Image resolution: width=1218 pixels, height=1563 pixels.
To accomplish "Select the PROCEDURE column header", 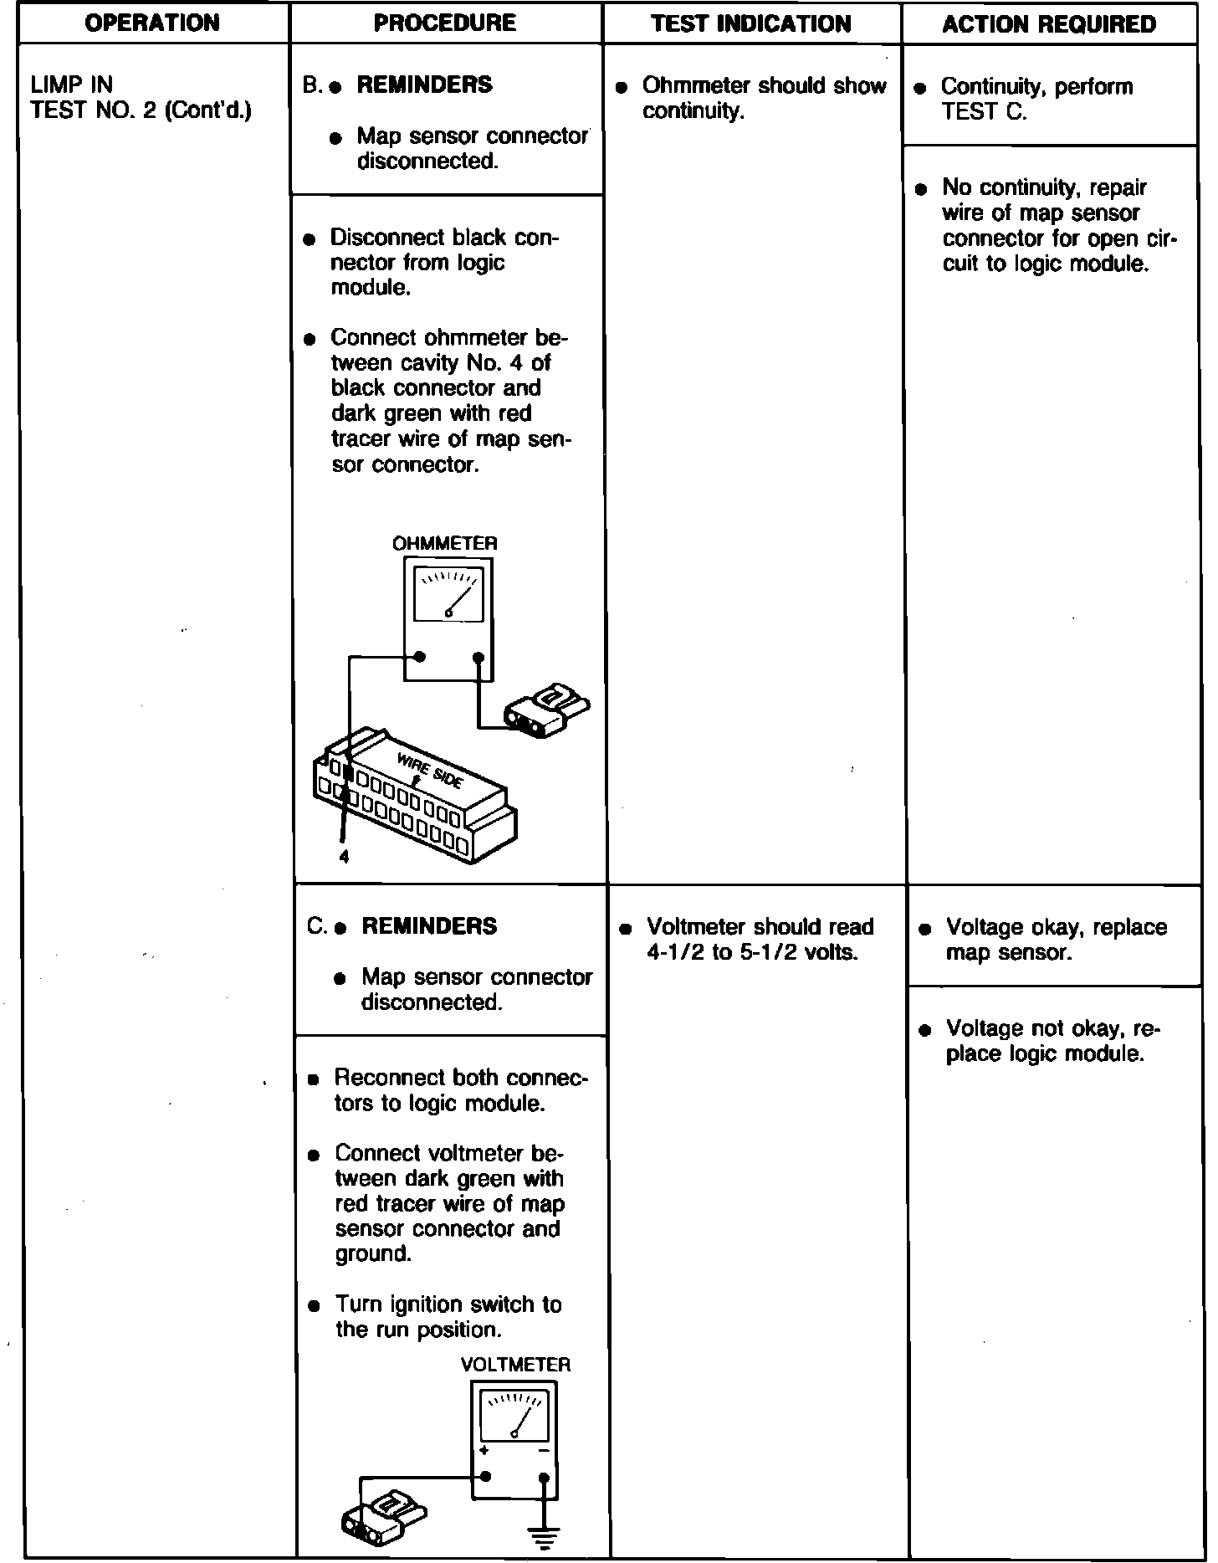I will click(444, 23).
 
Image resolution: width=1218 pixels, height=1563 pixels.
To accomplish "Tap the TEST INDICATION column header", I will click(750, 23).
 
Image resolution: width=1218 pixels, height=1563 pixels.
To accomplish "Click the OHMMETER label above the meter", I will click(445, 543).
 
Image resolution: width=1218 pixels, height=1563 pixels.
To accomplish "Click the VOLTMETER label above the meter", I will click(515, 1365).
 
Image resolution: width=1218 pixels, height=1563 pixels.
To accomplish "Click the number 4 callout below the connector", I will click(344, 856).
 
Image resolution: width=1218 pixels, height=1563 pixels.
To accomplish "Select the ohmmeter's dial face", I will click(449, 595).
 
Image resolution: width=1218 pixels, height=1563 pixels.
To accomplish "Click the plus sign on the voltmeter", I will click(484, 1450).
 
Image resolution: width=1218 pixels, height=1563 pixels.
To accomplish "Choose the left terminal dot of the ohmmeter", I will click(421, 657).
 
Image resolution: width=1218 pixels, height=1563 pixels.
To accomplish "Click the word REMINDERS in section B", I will click(424, 85).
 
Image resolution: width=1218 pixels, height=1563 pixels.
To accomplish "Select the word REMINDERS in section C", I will click(429, 926).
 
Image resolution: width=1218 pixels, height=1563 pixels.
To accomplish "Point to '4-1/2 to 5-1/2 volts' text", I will click(753, 952).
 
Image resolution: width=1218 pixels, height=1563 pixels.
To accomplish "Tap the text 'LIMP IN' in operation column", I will click(71, 85).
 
